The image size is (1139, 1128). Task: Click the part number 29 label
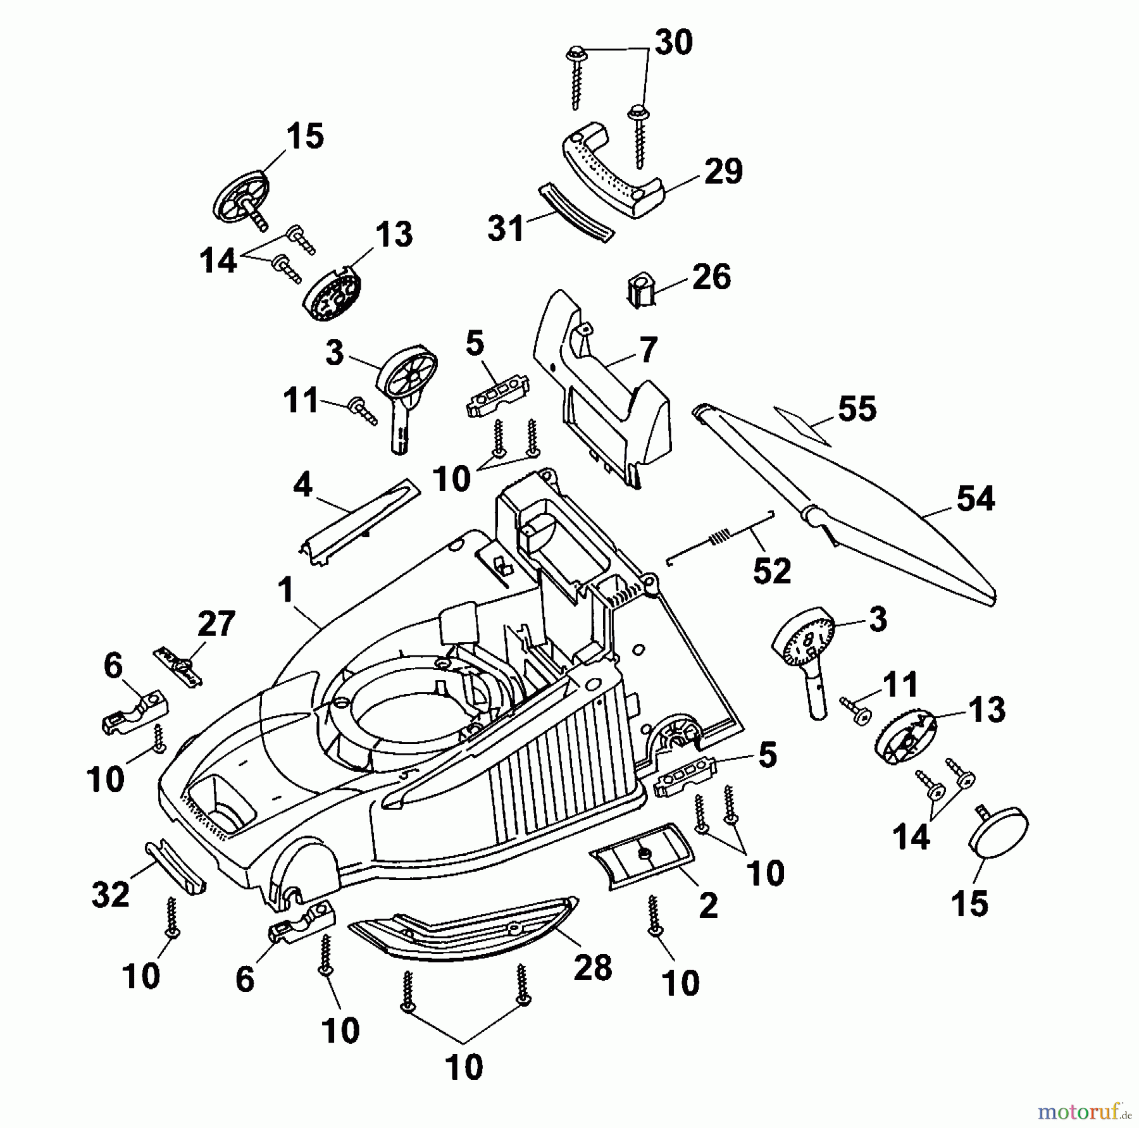click(723, 172)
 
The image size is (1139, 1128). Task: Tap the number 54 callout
click(975, 499)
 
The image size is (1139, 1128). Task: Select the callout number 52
click(772, 571)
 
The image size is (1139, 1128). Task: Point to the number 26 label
click(711, 277)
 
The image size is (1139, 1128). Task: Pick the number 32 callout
click(111, 894)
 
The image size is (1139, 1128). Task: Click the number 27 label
click(216, 624)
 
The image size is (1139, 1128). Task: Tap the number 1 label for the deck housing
click(285, 591)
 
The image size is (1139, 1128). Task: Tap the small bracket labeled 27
click(178, 664)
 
